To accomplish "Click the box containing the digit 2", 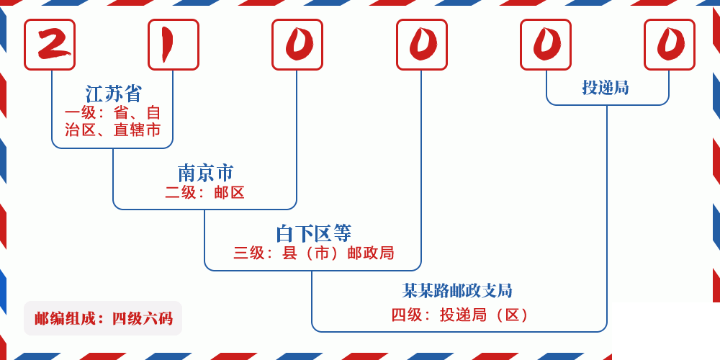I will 50,45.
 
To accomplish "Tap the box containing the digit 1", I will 174,45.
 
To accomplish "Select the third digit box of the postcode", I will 297,45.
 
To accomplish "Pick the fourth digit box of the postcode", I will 422,45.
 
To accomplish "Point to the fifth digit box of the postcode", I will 546,45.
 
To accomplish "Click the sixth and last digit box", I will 670,45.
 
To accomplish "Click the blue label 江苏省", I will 114,94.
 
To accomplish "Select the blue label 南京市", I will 205,173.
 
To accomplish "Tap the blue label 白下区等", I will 313,233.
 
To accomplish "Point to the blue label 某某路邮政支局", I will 457,291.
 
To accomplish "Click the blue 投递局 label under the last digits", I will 606,87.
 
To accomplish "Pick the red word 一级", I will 80,113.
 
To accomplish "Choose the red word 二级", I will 181,192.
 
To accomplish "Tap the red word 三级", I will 249,253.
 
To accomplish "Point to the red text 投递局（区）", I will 485,315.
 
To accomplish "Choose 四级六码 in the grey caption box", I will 142,318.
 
